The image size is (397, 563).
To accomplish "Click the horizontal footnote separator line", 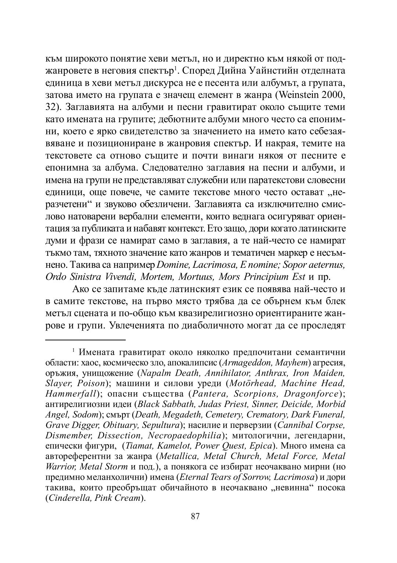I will tap(85, 340).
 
